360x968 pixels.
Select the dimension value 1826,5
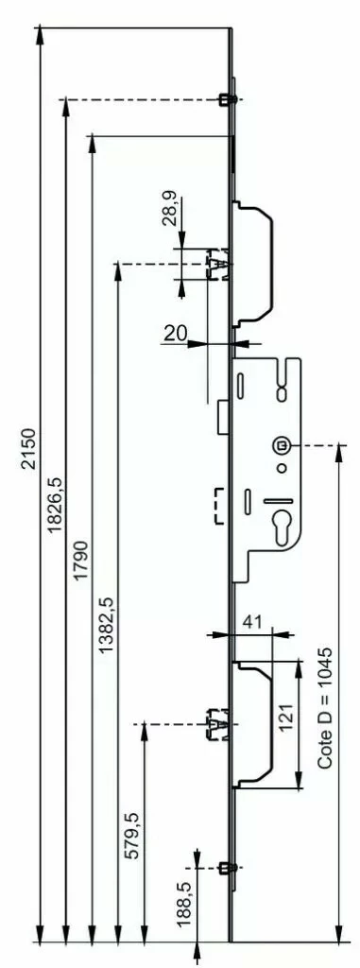[x=54, y=508]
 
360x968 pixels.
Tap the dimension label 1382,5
[x=106, y=625]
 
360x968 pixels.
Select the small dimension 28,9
[x=169, y=211]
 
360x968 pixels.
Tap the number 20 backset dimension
[x=175, y=332]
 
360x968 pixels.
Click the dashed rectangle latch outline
[x=219, y=505]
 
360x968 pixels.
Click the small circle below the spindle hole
[x=281, y=469]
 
